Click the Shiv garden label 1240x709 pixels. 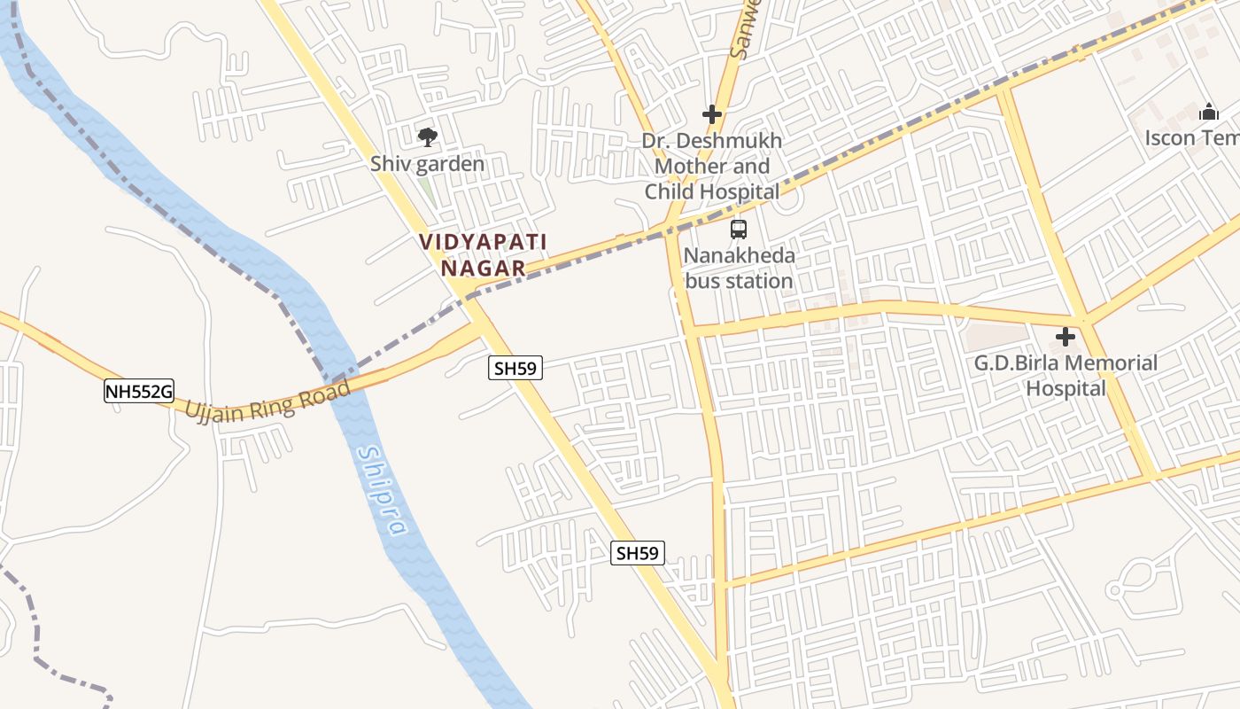tap(427, 164)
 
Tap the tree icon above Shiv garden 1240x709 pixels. tap(427, 136)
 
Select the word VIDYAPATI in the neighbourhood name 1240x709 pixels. tap(483, 241)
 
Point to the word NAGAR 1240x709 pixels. tap(483, 267)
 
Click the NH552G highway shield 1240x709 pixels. tap(138, 391)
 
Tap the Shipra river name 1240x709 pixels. tap(383, 491)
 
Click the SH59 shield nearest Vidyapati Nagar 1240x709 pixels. tap(515, 368)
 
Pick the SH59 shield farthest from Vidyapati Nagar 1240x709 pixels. tap(638, 553)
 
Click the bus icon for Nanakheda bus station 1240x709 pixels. tap(738, 230)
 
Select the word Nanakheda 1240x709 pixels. tap(739, 256)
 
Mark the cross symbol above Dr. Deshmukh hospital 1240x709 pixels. tap(712, 114)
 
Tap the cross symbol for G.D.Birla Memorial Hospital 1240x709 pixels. tap(1065, 337)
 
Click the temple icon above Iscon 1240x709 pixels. tap(1208, 113)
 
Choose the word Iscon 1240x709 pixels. tap(1172, 138)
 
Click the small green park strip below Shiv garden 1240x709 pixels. tap(426, 190)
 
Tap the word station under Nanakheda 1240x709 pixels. tap(755, 281)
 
